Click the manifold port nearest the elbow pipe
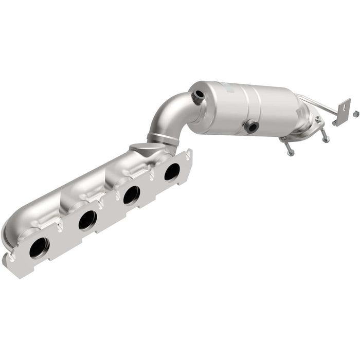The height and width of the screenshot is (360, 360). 171,172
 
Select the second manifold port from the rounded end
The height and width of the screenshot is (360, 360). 87,220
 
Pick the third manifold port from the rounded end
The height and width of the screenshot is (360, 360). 131,195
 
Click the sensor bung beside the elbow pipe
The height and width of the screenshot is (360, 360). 197,96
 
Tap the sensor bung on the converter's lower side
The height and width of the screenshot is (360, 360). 251,127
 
